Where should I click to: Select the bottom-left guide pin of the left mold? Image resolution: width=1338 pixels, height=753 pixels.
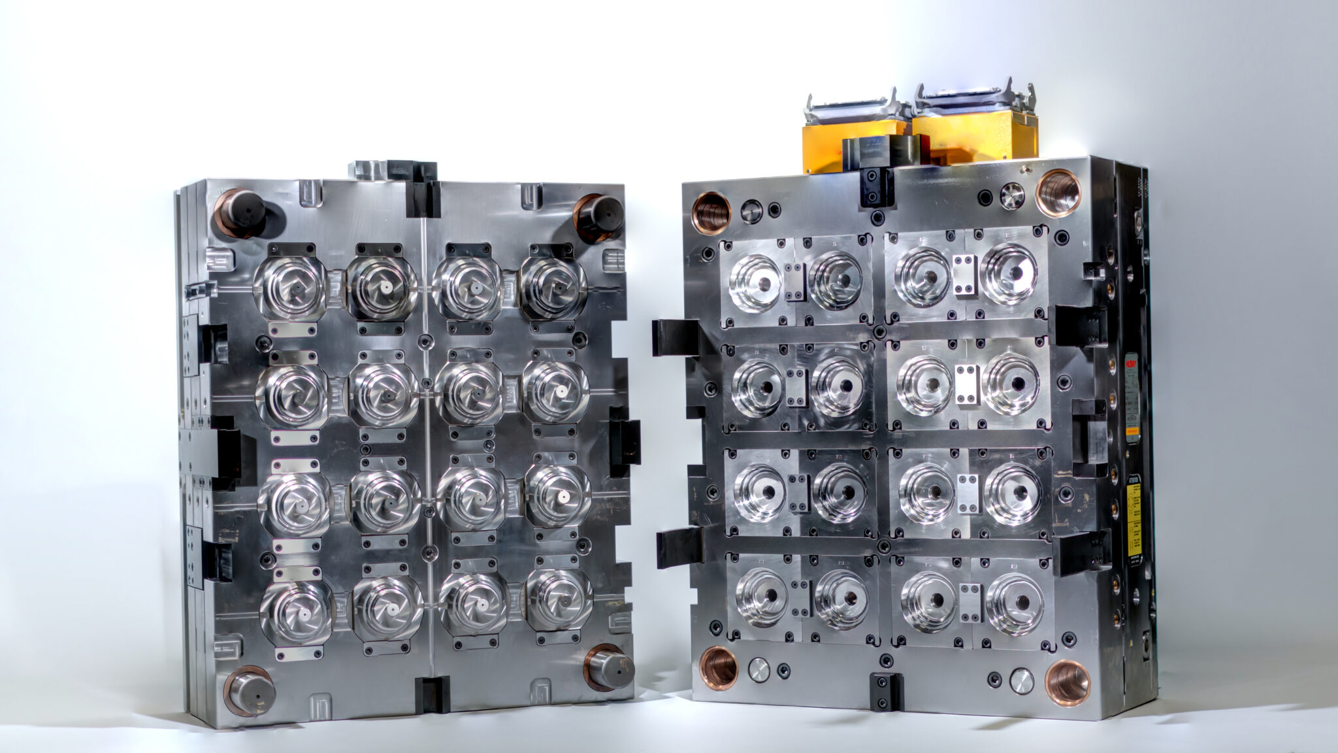coord(250,689)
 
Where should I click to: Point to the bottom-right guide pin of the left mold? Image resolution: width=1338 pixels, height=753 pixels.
coord(610,667)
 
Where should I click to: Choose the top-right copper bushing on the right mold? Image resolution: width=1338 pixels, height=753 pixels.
coord(1058,192)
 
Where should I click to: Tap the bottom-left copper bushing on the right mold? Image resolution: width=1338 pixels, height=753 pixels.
coord(719,667)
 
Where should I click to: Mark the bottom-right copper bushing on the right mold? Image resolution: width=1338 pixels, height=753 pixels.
coord(1067,682)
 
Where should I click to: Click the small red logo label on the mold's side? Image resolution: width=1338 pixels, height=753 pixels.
coord(1130,363)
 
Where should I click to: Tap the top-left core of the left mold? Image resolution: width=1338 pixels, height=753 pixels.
coord(290,287)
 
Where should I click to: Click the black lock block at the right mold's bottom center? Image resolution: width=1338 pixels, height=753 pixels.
coord(887,691)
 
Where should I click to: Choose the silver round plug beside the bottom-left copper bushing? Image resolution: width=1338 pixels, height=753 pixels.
coord(759,670)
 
